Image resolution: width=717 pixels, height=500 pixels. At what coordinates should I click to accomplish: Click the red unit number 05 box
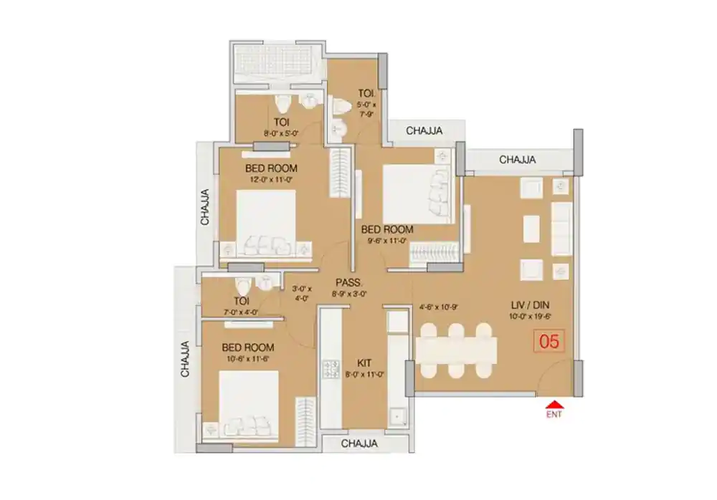click(549, 341)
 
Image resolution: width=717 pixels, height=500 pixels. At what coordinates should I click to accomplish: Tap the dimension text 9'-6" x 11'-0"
click(387, 241)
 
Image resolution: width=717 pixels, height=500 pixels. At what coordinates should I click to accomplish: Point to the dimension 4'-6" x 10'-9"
click(438, 307)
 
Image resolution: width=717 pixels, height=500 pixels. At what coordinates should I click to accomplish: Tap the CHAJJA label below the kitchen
click(359, 444)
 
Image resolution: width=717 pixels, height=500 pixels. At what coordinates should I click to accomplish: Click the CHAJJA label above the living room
click(518, 159)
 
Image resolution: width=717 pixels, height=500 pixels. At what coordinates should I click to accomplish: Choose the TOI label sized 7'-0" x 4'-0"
click(241, 302)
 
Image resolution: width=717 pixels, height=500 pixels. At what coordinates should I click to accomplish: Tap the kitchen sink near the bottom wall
click(397, 416)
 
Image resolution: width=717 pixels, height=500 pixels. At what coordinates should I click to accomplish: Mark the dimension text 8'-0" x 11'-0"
click(365, 373)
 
